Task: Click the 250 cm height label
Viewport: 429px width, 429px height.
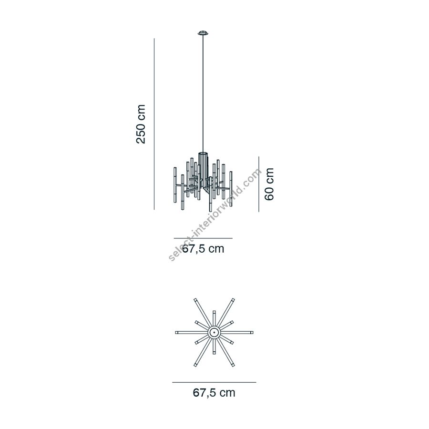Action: pyautogui.click(x=141, y=124)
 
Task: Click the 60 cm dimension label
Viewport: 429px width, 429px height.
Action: pyautogui.click(x=269, y=184)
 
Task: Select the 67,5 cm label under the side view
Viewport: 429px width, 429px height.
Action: pyautogui.click(x=203, y=249)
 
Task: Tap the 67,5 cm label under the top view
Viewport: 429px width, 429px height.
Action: pyautogui.click(x=214, y=393)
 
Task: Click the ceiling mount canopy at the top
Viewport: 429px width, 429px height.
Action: pyautogui.click(x=203, y=33)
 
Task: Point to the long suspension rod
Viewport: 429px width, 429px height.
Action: pyautogui.click(x=203, y=93)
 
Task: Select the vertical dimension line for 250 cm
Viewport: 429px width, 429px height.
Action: pyautogui.click(x=154, y=124)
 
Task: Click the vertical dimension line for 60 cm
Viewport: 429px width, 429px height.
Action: pyautogui.click(x=259, y=184)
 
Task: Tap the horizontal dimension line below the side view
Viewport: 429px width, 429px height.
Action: pyautogui.click(x=203, y=238)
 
